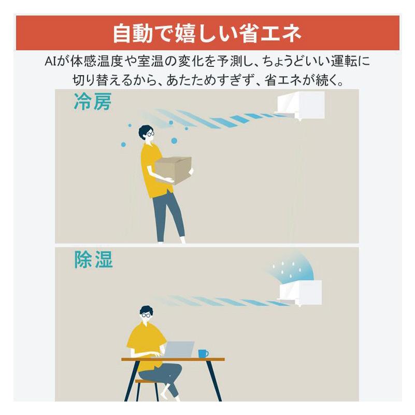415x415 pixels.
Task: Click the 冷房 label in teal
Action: pos(92,102)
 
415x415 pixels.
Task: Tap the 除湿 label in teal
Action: pos(93,260)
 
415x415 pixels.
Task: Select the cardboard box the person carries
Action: pos(173,170)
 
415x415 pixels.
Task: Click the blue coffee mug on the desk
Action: pos(203,353)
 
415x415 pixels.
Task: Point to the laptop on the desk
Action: pos(179,349)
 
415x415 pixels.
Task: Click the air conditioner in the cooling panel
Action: pos(300,105)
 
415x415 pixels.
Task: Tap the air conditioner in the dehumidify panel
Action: pos(300,293)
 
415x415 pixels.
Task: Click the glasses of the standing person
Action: pos(150,134)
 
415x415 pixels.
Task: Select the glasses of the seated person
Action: pos(146,316)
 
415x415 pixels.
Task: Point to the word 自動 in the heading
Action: pos(133,34)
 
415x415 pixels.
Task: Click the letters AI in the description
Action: pos(50,62)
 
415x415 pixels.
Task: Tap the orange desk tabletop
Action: pos(173,359)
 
